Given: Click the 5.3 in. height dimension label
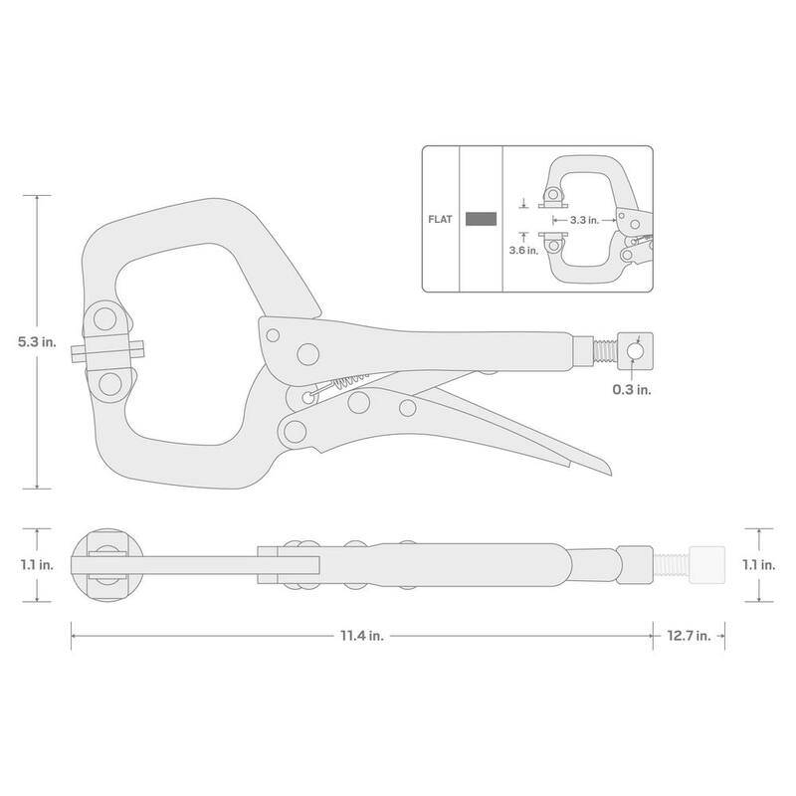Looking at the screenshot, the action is coord(37,341).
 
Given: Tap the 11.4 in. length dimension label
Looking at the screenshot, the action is coord(362,635).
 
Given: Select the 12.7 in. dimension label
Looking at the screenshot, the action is coord(689,636).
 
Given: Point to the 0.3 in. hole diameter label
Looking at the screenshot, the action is coord(632,389).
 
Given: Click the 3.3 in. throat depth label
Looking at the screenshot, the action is coord(584,220).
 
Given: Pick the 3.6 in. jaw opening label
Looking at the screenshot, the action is coord(524,251).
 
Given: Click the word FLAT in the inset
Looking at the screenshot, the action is coord(440,219).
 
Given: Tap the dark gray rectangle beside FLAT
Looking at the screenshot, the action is coord(481,219).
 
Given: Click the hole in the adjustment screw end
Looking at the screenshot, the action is coord(635,351).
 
